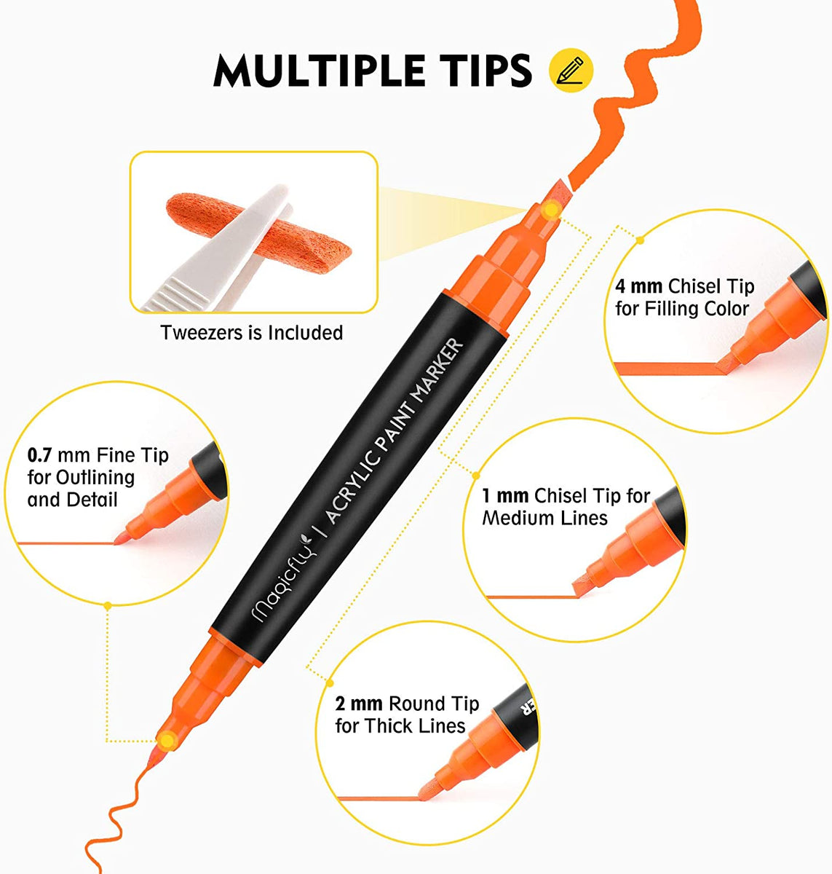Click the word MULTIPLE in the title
click(x=317, y=71)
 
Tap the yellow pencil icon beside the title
click(x=571, y=71)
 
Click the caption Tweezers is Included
click(x=251, y=333)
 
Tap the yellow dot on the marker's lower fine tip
click(x=168, y=741)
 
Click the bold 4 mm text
click(x=639, y=286)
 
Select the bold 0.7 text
click(x=39, y=456)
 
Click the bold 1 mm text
click(x=504, y=496)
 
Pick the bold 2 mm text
click(x=359, y=704)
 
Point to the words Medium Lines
click(x=544, y=519)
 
